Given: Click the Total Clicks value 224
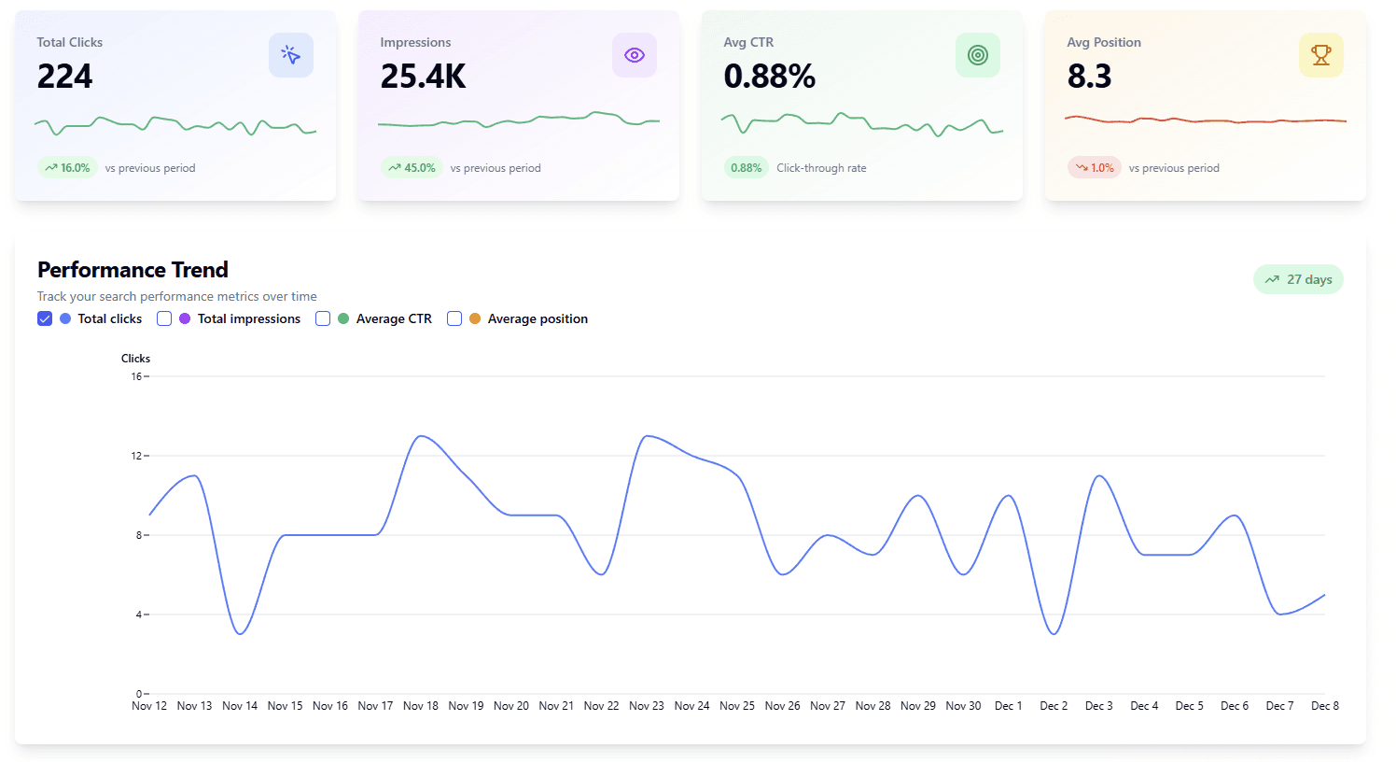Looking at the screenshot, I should [64, 77].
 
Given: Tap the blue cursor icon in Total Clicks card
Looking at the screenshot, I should [291, 55].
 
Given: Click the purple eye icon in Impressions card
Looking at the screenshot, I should [635, 55].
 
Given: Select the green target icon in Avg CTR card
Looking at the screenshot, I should [978, 55].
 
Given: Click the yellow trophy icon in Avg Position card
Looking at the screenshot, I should [1321, 55].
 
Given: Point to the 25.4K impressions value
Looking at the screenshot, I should [423, 77].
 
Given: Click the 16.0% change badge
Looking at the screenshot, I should [67, 168].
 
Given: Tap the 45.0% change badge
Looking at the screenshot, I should [412, 168].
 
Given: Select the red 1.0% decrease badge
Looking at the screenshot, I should [1094, 168].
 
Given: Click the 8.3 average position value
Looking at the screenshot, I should [1089, 77].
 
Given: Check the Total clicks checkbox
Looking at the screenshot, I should [45, 318].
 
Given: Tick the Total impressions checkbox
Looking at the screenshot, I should [164, 318].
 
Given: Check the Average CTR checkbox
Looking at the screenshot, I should [323, 318].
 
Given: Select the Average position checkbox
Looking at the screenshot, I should [454, 318].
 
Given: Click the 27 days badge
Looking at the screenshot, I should [1298, 279].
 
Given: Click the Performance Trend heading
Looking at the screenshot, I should [133, 270].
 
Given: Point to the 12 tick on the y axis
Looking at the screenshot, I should [136, 456].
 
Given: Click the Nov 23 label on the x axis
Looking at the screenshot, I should [647, 706].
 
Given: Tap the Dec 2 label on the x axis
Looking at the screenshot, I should [1054, 706].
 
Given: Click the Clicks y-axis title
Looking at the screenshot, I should [135, 359].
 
